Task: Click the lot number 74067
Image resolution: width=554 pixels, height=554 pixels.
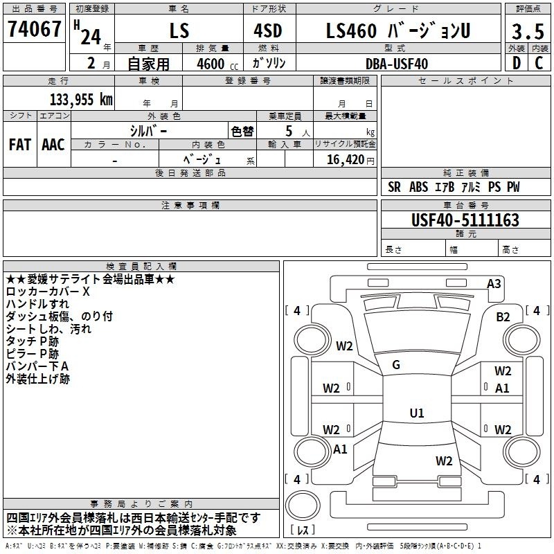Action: pyautogui.click(x=34, y=29)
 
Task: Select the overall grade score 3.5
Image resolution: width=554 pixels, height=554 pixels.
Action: pyautogui.click(x=528, y=31)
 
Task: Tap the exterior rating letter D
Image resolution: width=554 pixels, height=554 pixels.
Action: pyautogui.click(x=517, y=63)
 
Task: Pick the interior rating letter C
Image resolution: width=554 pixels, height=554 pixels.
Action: pyautogui.click(x=539, y=63)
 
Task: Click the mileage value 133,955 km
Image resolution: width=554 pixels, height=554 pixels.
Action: pyautogui.click(x=81, y=100)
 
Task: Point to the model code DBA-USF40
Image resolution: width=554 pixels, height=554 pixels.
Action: pyautogui.click(x=397, y=64)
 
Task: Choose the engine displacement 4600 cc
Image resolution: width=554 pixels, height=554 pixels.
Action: pyautogui.click(x=217, y=64)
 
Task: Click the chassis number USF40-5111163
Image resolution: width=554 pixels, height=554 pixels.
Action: pyautogui.click(x=465, y=220)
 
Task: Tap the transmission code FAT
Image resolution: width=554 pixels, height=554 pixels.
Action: pyautogui.click(x=20, y=145)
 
